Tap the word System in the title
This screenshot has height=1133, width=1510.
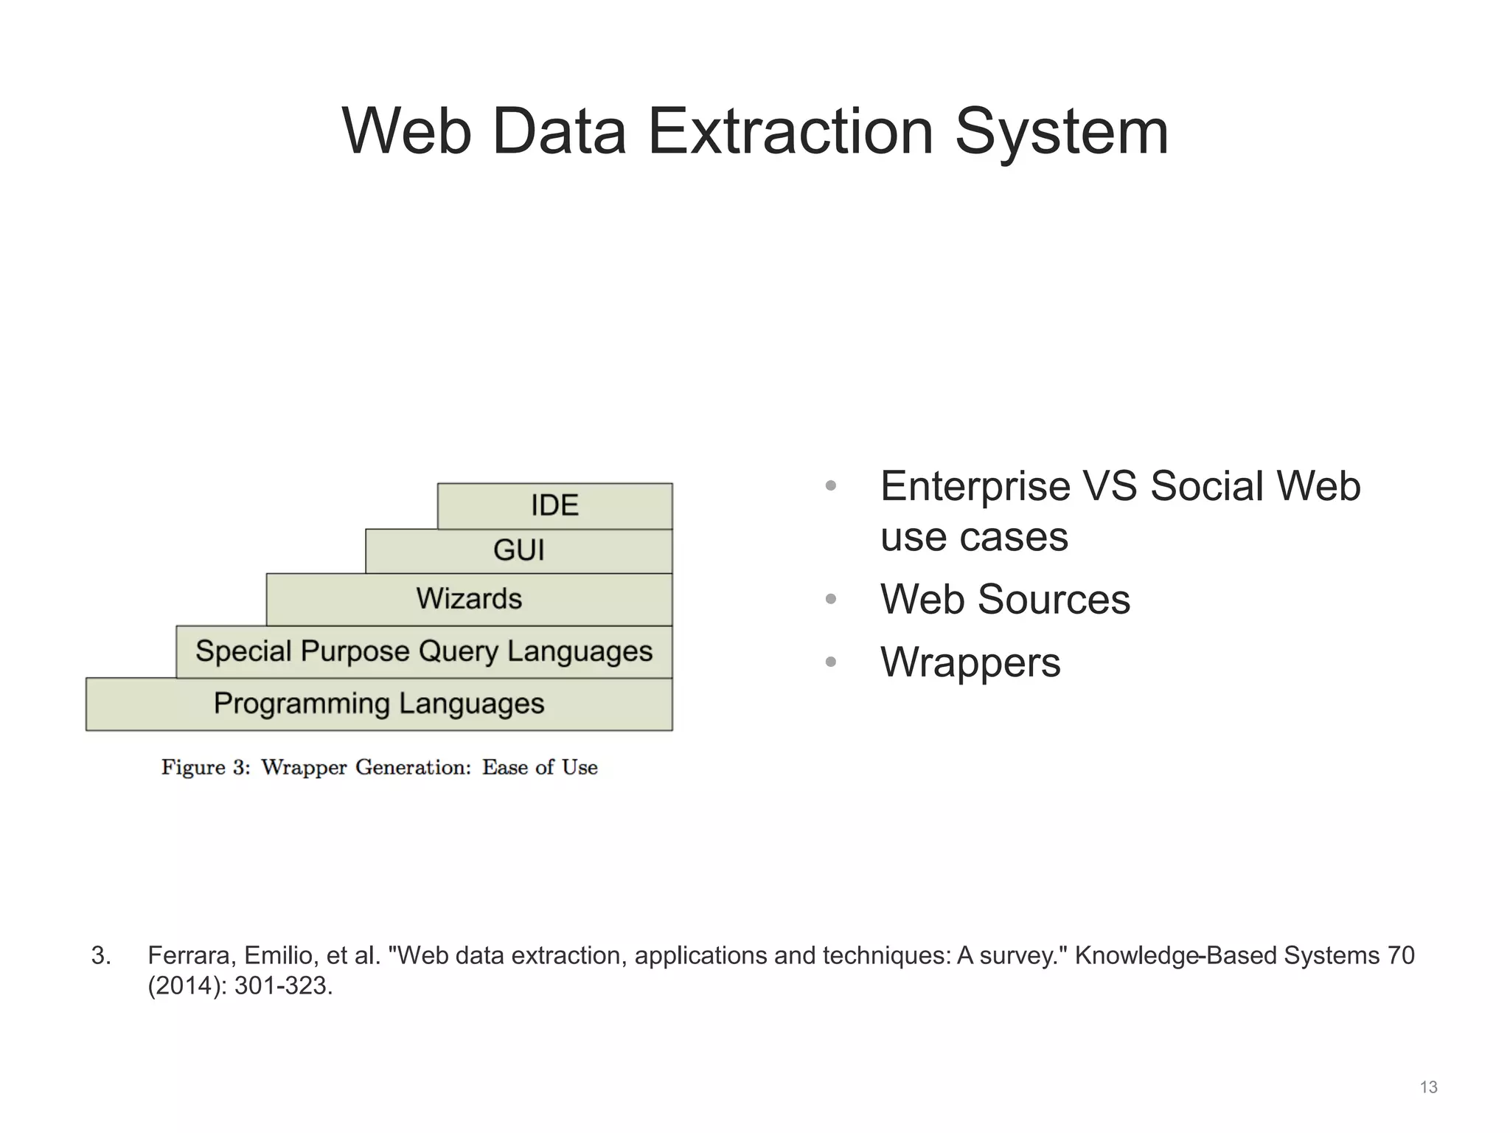pyautogui.click(x=1062, y=132)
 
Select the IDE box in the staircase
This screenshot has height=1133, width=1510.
pyautogui.click(x=554, y=506)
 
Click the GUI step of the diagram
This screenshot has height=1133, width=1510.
pyautogui.click(x=518, y=551)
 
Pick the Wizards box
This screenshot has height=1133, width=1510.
pyautogui.click(x=469, y=599)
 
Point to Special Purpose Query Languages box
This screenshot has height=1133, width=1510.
pyautogui.click(x=424, y=652)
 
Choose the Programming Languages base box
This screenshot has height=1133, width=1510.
pyautogui.click(x=379, y=704)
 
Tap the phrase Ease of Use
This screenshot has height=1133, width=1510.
pyautogui.click(x=540, y=768)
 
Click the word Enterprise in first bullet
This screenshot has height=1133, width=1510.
pyautogui.click(x=975, y=487)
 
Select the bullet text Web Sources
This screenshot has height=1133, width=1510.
pyautogui.click(x=1005, y=599)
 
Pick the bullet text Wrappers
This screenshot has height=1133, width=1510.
pyautogui.click(x=970, y=662)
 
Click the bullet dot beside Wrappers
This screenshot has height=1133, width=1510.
pyautogui.click(x=831, y=662)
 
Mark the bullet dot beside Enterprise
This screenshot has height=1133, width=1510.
pyautogui.click(x=831, y=487)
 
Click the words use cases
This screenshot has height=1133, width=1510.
pyautogui.click(x=974, y=537)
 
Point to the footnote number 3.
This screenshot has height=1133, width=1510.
pyautogui.click(x=101, y=956)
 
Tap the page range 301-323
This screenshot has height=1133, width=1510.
pyautogui.click(x=283, y=986)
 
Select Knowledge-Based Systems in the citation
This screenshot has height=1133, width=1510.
pyautogui.click(x=1227, y=956)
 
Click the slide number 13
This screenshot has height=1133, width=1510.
pyautogui.click(x=1428, y=1087)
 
